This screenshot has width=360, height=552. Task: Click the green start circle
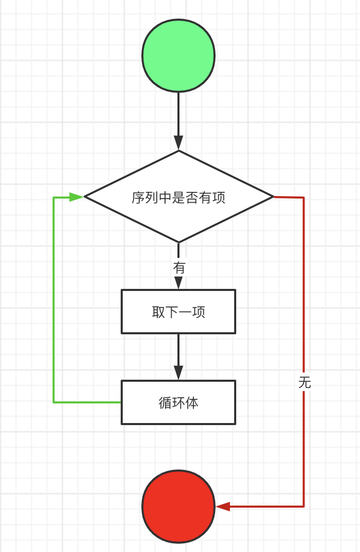[178, 56]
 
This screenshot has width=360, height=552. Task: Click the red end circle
[178, 506]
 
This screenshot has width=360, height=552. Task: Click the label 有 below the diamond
[179, 268]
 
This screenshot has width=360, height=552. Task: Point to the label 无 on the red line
[304, 382]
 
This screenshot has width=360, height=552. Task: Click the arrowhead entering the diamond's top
[178, 143]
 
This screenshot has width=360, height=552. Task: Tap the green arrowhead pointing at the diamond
[76, 197]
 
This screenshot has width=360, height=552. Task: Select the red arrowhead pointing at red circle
[223, 507]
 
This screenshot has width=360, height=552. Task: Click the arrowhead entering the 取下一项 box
[178, 283]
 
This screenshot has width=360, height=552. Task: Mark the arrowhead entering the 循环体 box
[178, 372]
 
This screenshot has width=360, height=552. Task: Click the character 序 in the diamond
[138, 198]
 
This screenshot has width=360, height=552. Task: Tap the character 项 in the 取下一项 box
[199, 312]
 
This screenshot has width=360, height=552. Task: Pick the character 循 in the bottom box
[165, 403]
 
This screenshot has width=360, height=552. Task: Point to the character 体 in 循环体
[192, 403]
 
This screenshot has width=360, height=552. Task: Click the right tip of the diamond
[272, 197]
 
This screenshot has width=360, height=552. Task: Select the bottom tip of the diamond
[178, 241]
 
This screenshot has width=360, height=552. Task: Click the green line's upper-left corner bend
[54, 197]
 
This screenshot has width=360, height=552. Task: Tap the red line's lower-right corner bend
[304, 506]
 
